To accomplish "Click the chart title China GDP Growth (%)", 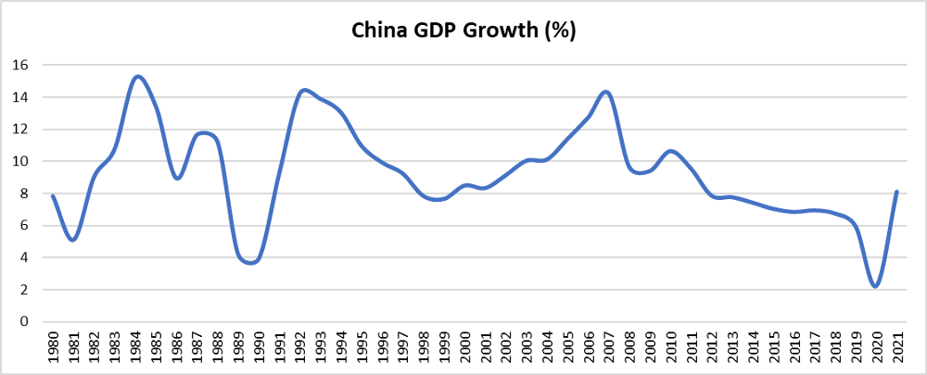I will (463, 31).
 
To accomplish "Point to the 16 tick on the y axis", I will (20, 65).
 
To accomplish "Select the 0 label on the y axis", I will (24, 321).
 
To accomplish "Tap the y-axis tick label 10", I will (20, 161).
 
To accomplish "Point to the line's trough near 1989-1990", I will (248, 262).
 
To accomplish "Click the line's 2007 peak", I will (605, 92).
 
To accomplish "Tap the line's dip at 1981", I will (72, 240).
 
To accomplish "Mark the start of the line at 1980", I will (52, 195).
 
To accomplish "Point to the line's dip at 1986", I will (177, 178).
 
